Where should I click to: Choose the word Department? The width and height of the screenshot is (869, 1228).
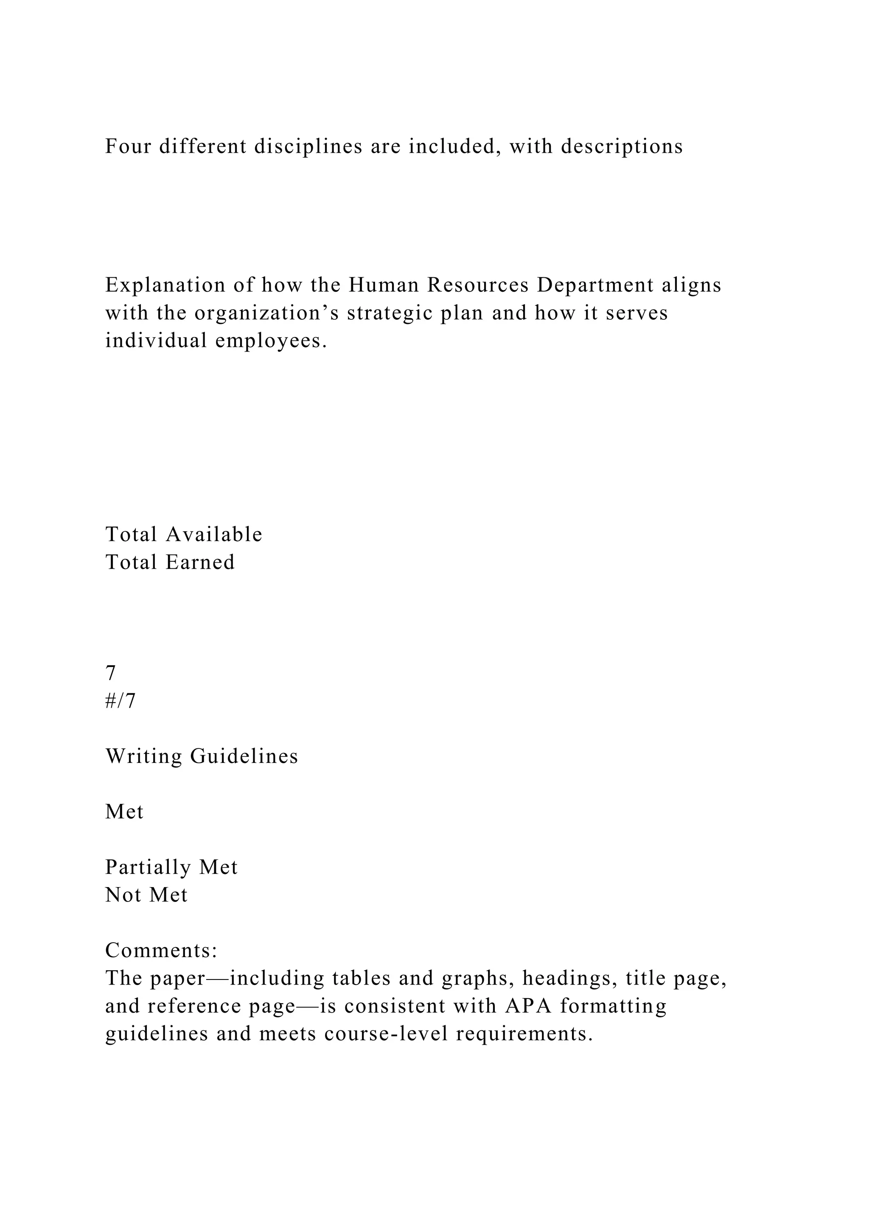point(595,286)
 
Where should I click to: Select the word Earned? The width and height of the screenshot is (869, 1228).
point(200,562)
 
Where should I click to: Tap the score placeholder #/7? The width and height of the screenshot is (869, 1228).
point(121,701)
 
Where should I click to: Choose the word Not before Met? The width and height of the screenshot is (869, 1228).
point(123,895)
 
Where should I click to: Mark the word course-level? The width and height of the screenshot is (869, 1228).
point(386,1034)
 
